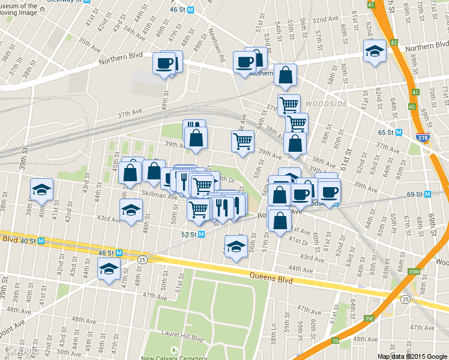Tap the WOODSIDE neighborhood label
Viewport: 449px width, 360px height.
[x=329, y=104]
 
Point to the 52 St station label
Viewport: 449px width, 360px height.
[x=193, y=234]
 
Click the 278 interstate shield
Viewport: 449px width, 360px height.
[x=424, y=138]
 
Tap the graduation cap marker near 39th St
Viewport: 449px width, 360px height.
[x=42, y=190]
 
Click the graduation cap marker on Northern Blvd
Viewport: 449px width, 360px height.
[x=375, y=52]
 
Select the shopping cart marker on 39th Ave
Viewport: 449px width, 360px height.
[x=243, y=141]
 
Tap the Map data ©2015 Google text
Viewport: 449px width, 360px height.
[x=412, y=356]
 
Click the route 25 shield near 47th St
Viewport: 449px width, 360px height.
[x=142, y=259]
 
